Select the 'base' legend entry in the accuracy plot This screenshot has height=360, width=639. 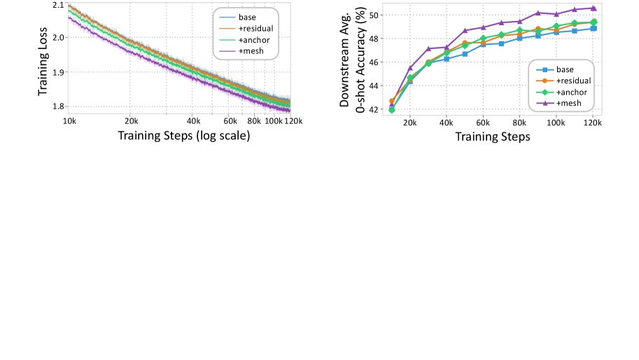(x=565, y=70)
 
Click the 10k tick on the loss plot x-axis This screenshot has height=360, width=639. (x=69, y=120)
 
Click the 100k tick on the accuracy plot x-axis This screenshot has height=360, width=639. (x=556, y=122)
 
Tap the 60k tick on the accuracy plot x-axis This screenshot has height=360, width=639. (x=483, y=122)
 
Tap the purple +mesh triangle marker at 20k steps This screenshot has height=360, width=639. (x=409, y=68)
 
